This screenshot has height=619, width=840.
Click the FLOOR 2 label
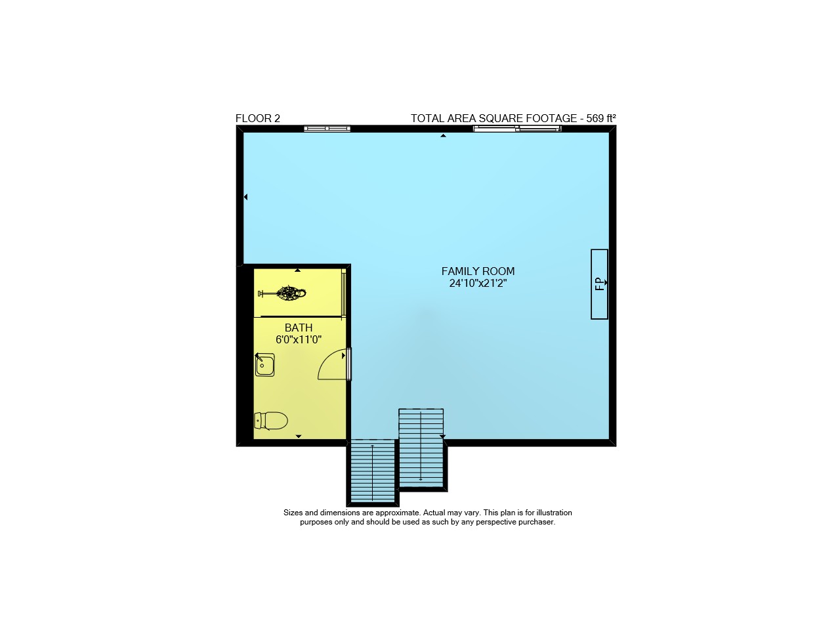pyautogui.click(x=258, y=119)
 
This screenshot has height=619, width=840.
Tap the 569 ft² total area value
pyautogui.click(x=600, y=119)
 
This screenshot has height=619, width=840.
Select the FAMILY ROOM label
pyautogui.click(x=478, y=271)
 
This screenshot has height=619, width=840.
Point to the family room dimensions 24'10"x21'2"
pyautogui.click(x=478, y=283)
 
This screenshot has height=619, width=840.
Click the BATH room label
pyautogui.click(x=299, y=328)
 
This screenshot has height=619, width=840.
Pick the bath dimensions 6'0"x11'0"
pyautogui.click(x=299, y=340)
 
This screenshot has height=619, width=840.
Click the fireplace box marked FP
pyautogui.click(x=599, y=284)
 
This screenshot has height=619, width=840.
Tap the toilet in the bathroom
pyautogui.click(x=271, y=421)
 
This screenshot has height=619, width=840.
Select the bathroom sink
pyautogui.click(x=264, y=364)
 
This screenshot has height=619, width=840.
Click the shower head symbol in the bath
pyautogui.click(x=282, y=293)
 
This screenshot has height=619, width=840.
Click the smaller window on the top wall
pyautogui.click(x=327, y=129)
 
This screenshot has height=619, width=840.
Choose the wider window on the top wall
pyautogui.click(x=517, y=129)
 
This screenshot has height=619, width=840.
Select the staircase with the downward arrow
pyautogui.click(x=421, y=448)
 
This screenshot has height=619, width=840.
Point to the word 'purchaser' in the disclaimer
pyautogui.click(x=536, y=523)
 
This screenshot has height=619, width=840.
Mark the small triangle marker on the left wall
pyautogui.click(x=245, y=197)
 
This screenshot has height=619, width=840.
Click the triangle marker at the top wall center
pyautogui.click(x=443, y=135)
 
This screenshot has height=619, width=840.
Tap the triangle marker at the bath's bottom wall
pyautogui.click(x=299, y=437)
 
